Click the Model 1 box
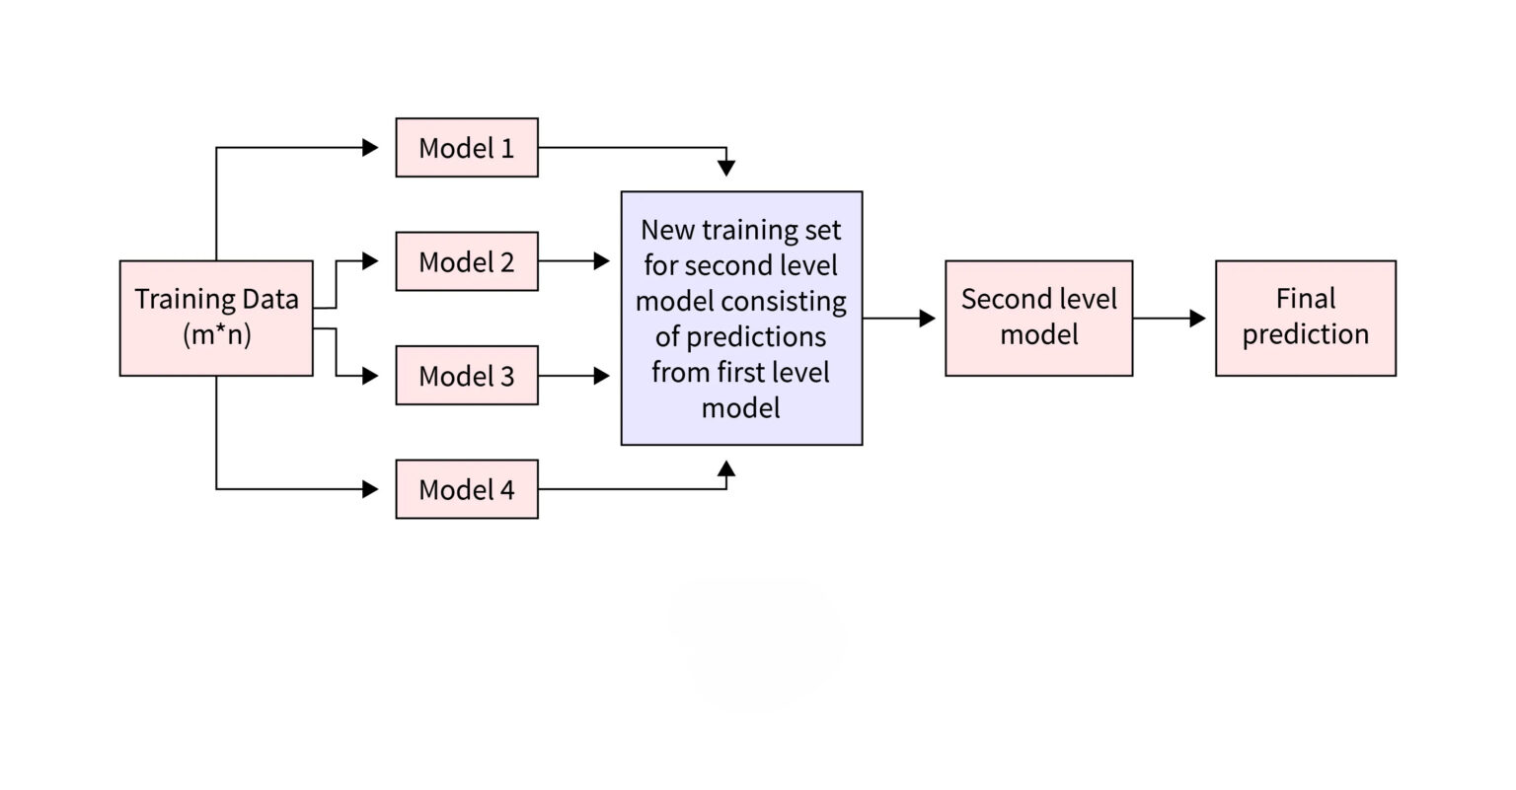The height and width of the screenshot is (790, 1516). tap(467, 148)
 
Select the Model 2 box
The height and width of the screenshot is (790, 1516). tap(467, 261)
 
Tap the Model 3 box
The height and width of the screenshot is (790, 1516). tap(467, 376)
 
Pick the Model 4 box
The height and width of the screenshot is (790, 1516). tap(467, 489)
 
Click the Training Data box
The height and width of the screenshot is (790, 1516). tap(216, 318)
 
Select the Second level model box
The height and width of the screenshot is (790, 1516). tap(1038, 318)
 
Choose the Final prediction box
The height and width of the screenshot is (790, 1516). tap(1305, 318)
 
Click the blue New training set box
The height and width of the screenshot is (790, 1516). tap(741, 318)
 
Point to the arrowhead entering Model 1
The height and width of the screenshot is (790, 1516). tap(371, 148)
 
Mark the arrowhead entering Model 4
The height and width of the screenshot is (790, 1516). tap(371, 489)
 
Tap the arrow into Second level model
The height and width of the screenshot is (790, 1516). tap(899, 318)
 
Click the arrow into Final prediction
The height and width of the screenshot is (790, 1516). tap(1170, 318)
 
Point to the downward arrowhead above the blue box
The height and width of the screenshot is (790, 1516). tap(726, 169)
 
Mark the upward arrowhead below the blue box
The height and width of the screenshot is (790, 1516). tap(726, 468)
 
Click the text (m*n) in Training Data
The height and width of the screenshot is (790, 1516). tap(217, 335)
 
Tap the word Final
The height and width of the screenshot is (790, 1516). tap(1305, 299)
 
